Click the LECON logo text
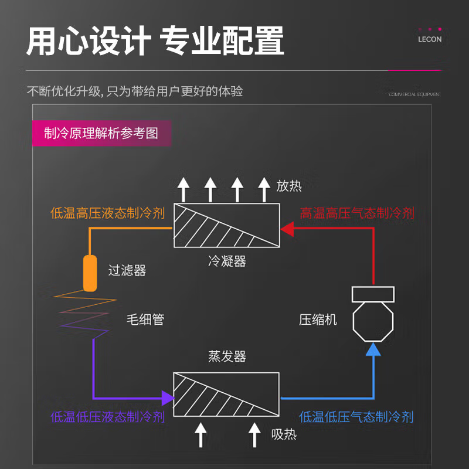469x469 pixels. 430,40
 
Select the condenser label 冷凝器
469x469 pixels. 227,261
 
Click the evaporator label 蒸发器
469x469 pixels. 227,356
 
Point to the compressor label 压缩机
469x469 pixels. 318,320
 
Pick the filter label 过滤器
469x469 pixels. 127,271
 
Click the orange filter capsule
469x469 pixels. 90,273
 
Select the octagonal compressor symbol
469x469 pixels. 372,320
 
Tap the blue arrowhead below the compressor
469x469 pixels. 373,350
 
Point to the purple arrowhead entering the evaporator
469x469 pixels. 168,397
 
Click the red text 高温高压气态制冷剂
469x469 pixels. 356,213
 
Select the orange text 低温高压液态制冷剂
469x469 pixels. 107,213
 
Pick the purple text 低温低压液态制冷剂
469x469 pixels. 107,417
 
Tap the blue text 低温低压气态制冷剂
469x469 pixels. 356,417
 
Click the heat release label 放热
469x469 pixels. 289,186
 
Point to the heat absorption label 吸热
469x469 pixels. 284,434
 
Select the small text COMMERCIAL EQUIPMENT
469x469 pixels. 414,94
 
